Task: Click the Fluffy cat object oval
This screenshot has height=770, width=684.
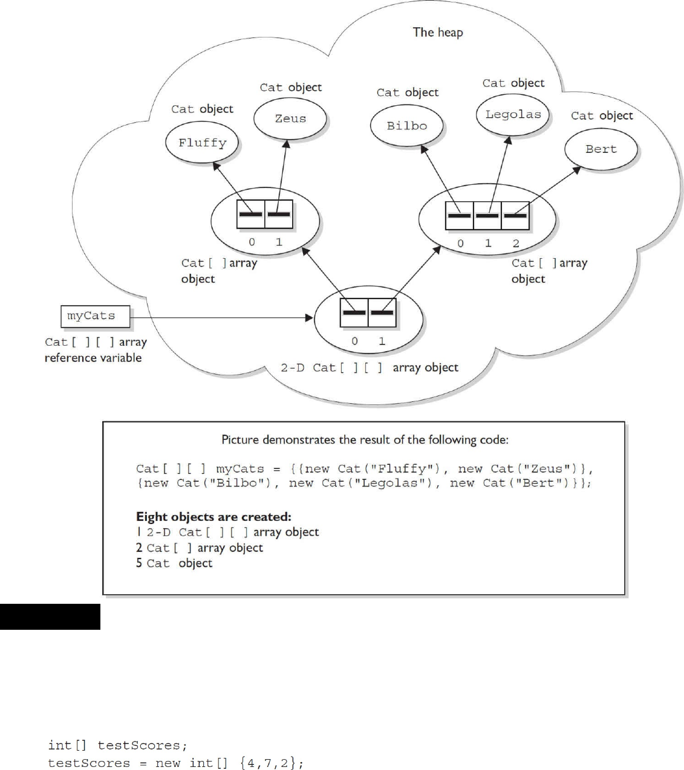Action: point(202,143)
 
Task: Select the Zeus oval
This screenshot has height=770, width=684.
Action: point(290,118)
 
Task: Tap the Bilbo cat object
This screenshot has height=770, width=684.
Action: point(406,126)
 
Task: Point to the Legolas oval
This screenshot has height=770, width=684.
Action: point(513,114)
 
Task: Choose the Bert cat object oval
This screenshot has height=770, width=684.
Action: point(601,149)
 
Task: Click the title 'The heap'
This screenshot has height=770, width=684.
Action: point(437,32)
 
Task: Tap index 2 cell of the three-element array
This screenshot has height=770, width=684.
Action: point(515,216)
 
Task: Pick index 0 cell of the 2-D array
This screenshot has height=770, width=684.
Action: point(354,313)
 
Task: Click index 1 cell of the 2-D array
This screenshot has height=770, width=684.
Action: point(382,313)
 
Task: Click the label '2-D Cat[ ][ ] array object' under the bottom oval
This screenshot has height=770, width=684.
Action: point(370,367)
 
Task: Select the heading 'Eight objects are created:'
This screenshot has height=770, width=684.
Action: point(213,517)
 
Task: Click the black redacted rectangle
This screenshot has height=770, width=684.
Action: point(50,616)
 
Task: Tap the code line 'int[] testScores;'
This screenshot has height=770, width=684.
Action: point(114,746)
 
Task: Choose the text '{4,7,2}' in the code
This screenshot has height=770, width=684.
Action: point(272,763)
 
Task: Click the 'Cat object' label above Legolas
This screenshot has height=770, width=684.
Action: point(513,83)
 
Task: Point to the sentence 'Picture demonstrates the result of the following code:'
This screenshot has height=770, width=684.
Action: point(365,439)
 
